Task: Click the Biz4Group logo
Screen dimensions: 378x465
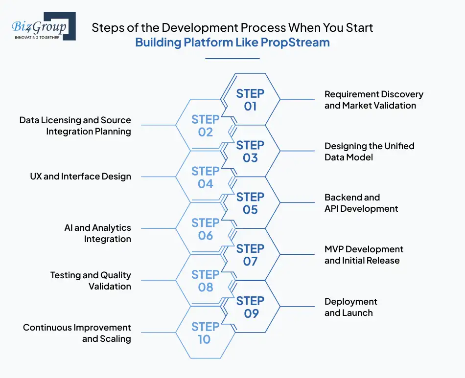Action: pos(44,27)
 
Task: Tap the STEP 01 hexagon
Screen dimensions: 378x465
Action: pos(250,99)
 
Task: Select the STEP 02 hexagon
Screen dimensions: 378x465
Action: pos(205,126)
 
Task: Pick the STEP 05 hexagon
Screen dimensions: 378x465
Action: pos(250,203)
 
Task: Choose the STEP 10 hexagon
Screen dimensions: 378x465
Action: pos(205,333)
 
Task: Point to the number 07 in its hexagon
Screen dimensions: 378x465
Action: pos(250,261)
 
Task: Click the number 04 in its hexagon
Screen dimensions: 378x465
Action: pos(206,184)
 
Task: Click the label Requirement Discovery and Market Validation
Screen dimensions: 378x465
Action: pos(373,100)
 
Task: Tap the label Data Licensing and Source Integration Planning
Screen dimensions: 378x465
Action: pos(75,126)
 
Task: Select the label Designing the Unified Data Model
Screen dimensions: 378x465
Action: pos(369,152)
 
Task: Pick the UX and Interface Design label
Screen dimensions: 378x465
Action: pos(81,177)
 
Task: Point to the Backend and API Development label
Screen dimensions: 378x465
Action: pos(361,203)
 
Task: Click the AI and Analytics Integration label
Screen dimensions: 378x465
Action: pos(98,233)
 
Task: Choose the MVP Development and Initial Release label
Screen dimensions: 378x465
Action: pos(364,255)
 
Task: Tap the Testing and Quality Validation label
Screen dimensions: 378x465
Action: pos(91,281)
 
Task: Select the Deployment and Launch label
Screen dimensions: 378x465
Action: pos(351,307)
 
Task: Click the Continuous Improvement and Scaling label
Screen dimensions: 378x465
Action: pos(77,333)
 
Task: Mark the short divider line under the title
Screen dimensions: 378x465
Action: pos(232,59)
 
